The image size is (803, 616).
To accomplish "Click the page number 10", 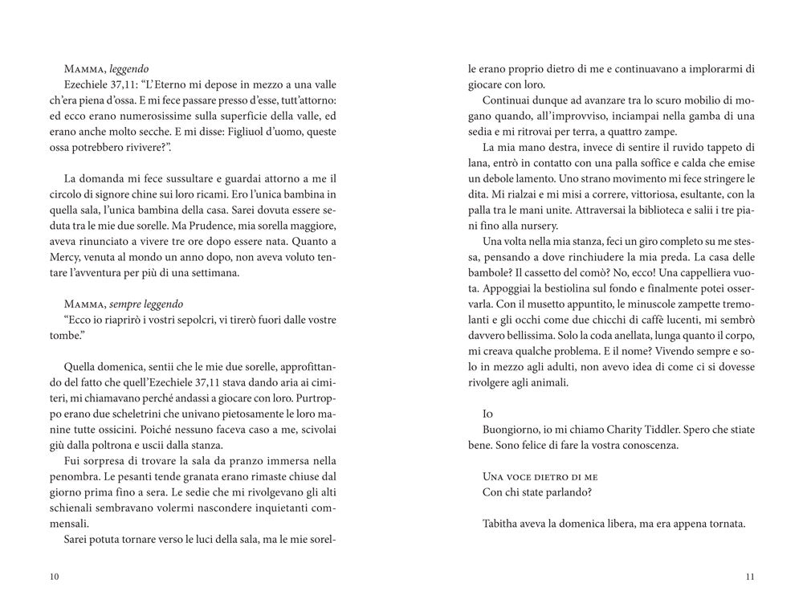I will tap(54, 577).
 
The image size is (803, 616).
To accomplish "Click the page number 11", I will tap(750, 577).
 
